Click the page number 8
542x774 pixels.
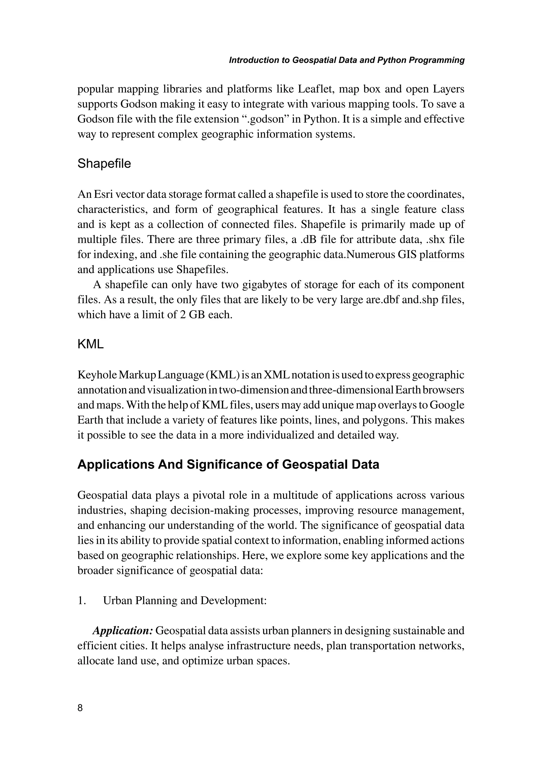(80, 708)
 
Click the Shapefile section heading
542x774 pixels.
(104, 164)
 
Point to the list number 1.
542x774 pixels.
(81, 600)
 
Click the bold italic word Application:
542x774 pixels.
(123, 630)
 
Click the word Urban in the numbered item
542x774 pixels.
(117, 600)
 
